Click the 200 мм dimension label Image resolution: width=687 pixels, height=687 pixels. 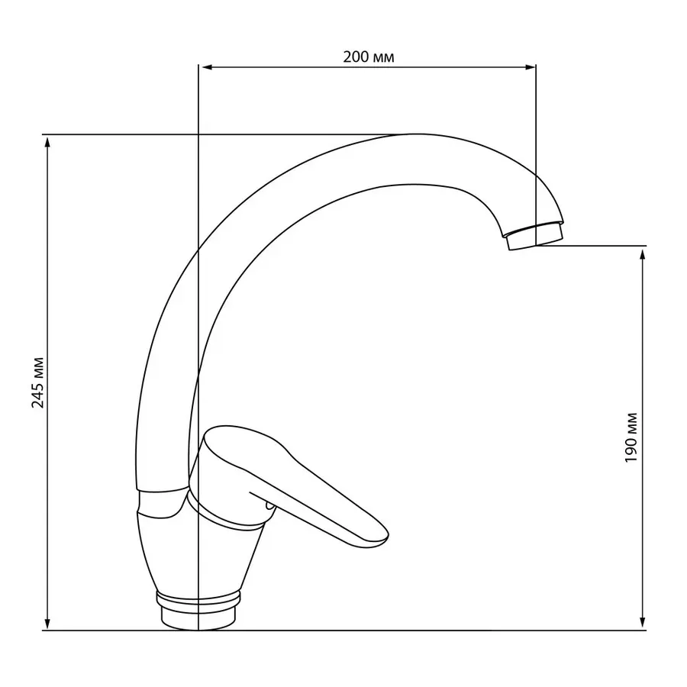369,57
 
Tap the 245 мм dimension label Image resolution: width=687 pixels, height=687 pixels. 38,382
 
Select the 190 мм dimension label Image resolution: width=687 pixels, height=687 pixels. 631,437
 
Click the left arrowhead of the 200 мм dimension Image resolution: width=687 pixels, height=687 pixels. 205,67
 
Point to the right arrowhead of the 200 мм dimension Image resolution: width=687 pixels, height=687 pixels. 529,67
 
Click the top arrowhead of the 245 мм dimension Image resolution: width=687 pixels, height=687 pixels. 47,142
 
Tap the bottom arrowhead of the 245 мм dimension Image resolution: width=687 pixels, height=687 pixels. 47,624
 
